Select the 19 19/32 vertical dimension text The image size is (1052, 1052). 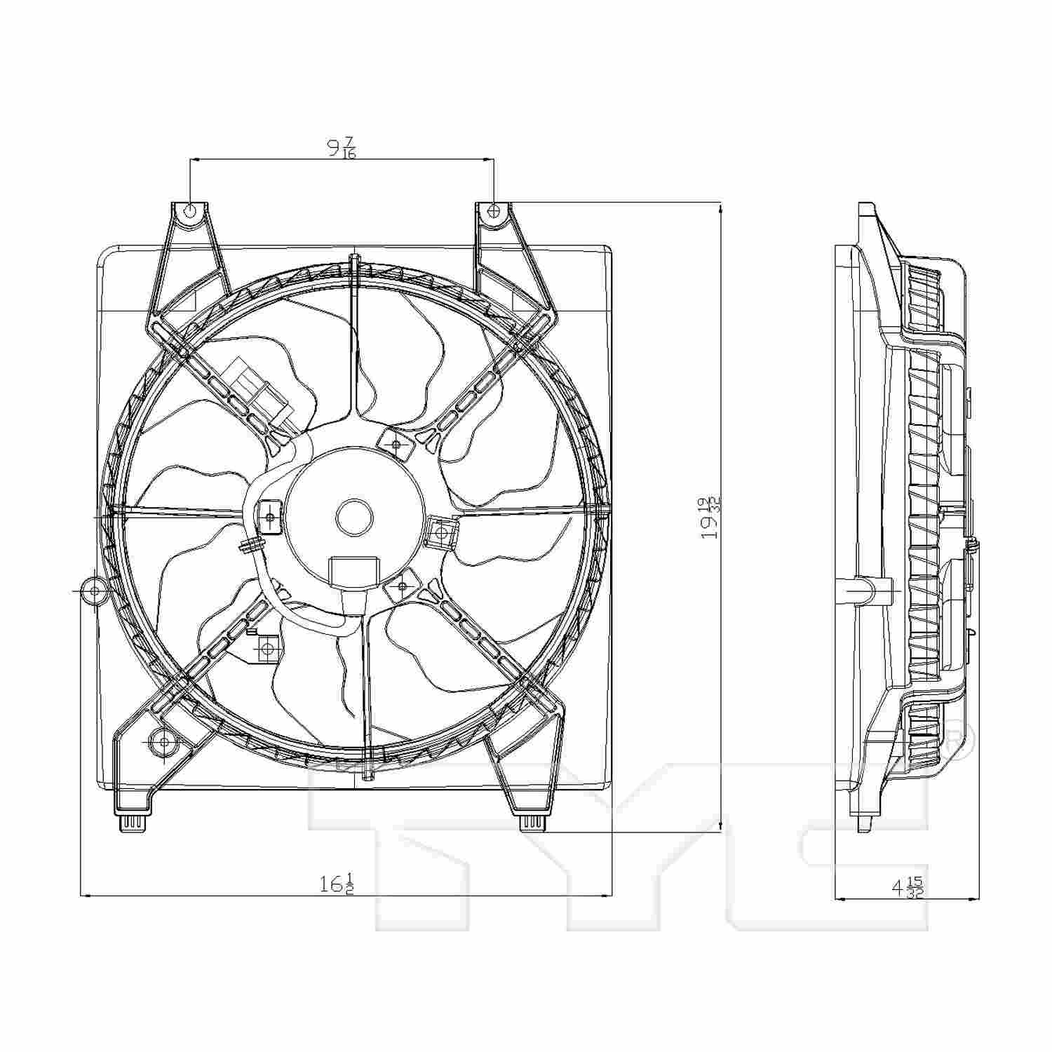711,517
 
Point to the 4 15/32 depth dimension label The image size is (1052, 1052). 907,888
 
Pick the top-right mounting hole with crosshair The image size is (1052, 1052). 494,210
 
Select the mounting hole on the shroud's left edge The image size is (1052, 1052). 95,591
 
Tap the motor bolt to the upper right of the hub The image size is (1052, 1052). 396,445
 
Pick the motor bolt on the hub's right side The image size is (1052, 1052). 441,533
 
